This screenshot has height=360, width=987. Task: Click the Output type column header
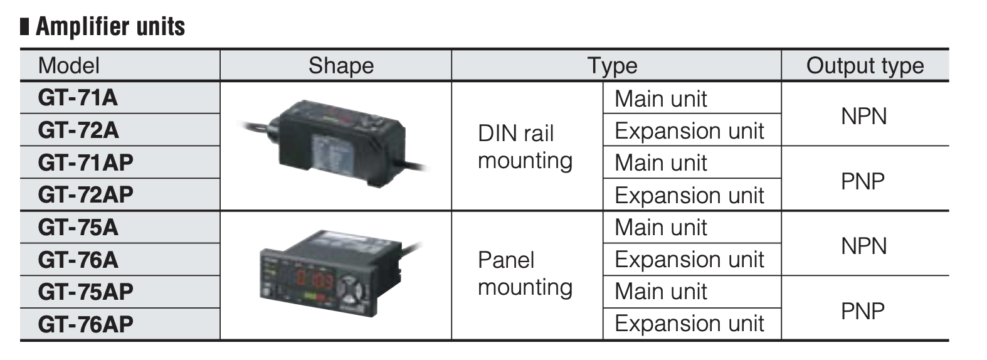pos(865,66)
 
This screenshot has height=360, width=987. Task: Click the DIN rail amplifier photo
pos(333,144)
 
